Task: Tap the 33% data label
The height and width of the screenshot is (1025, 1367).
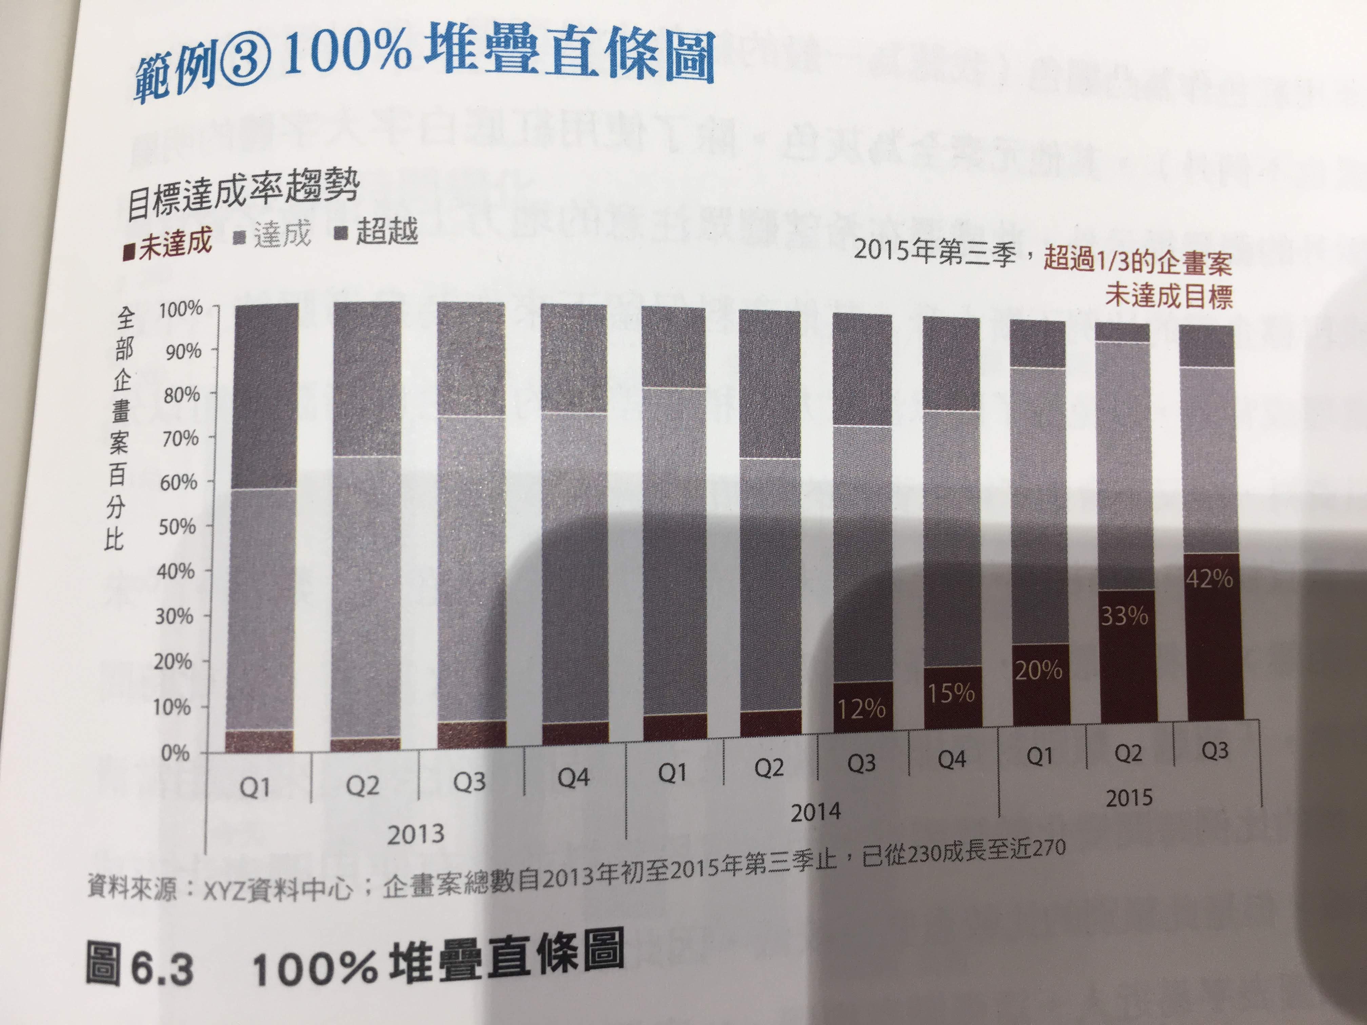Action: point(1124,616)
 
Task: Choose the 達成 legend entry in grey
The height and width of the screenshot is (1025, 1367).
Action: point(274,235)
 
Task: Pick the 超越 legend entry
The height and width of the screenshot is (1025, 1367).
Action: point(377,232)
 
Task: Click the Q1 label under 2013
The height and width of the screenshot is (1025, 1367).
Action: point(255,788)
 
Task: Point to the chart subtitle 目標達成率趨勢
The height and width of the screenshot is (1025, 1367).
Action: point(242,195)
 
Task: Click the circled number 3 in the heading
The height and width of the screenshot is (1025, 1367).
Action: point(250,68)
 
